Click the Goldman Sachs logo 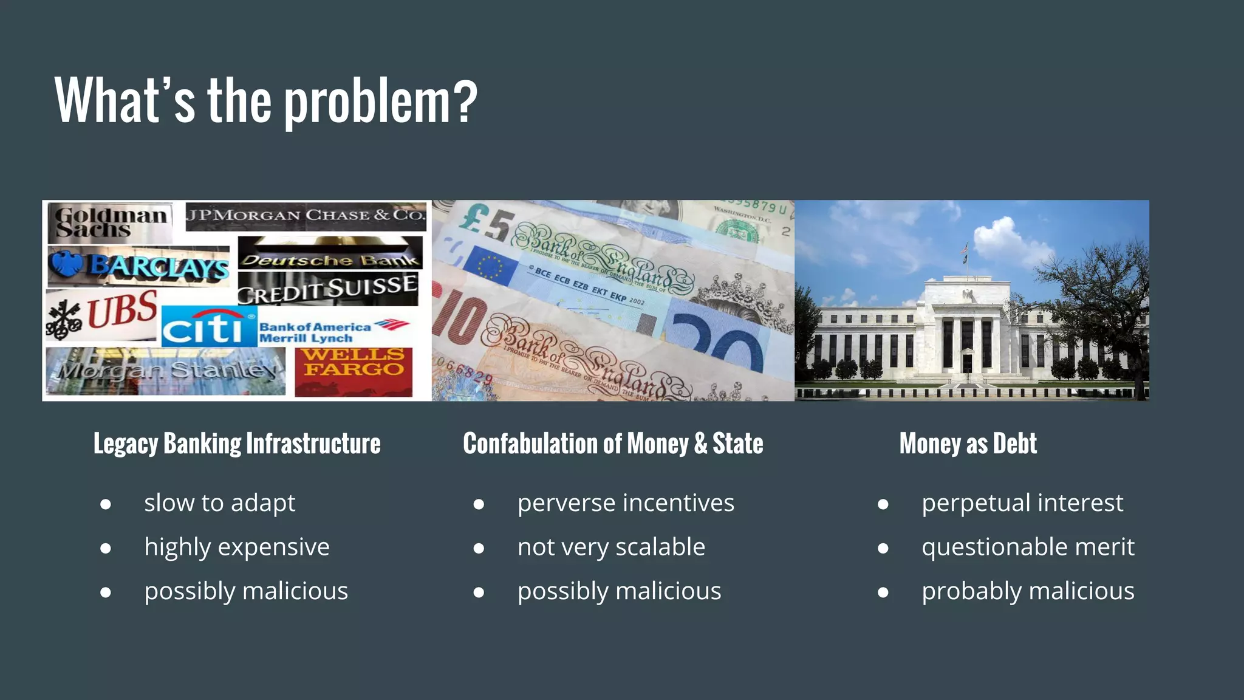pyautogui.click(x=110, y=222)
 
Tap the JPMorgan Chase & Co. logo pyautogui.click(x=306, y=216)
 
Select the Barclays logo pyautogui.click(x=139, y=266)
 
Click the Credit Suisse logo pyautogui.click(x=327, y=289)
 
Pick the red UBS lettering pyautogui.click(x=122, y=309)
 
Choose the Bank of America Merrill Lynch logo pyautogui.click(x=333, y=331)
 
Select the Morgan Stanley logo pyautogui.click(x=166, y=370)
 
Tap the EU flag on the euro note pyautogui.click(x=490, y=266)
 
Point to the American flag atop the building pyautogui.click(x=965, y=249)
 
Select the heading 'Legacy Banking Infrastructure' pyautogui.click(x=237, y=444)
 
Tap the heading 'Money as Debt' pyautogui.click(x=968, y=444)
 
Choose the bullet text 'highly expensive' pyautogui.click(x=237, y=547)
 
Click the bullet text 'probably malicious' pyautogui.click(x=1028, y=591)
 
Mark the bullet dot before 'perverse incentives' pyautogui.click(x=479, y=504)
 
